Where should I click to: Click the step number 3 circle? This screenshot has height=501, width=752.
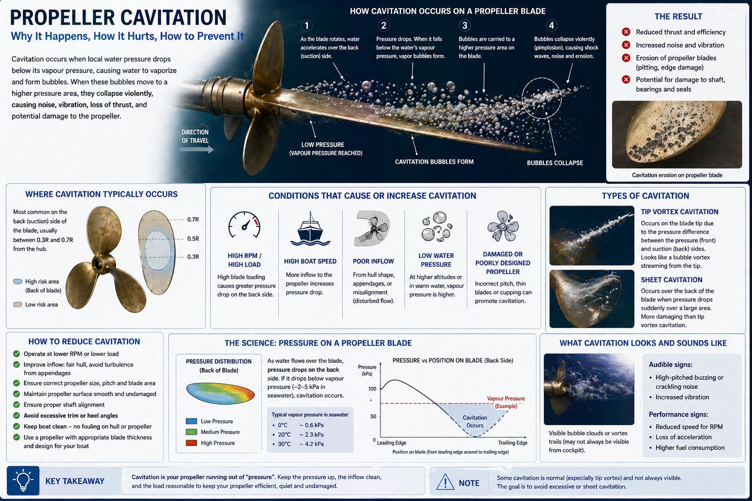[465, 25]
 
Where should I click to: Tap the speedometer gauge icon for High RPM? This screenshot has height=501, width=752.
[244, 225]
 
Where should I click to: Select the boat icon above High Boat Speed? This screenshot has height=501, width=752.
[310, 228]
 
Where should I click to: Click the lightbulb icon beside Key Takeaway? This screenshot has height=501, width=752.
[23, 480]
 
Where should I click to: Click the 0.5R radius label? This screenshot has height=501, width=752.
[193, 239]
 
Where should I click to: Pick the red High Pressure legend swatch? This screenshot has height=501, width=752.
[191, 443]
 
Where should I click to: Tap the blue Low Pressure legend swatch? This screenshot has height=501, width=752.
[191, 421]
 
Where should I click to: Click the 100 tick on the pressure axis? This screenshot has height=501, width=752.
[372, 388]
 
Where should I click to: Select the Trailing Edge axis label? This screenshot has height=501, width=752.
[513, 443]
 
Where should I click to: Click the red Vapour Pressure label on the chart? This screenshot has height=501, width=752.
[506, 402]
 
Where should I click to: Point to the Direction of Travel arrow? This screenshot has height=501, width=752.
[197, 149]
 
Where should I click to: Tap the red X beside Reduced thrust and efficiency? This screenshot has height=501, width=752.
[626, 32]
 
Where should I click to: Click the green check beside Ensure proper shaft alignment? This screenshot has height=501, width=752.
[16, 405]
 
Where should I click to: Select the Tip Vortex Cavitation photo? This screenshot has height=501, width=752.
[591, 235]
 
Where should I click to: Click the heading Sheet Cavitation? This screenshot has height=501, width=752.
[671, 280]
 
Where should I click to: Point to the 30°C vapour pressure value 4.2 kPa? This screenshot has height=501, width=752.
[312, 444]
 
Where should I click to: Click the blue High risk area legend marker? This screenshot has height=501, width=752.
[18, 281]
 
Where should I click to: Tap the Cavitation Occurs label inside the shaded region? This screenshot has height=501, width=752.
[475, 421]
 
